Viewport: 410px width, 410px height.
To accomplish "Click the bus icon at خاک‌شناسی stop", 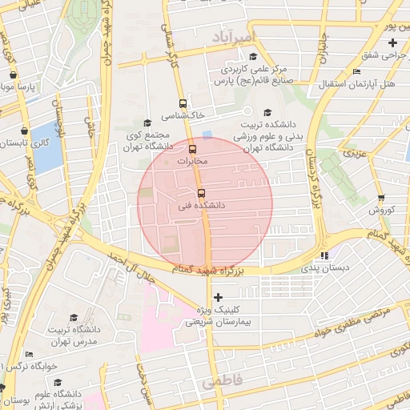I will click(183, 103).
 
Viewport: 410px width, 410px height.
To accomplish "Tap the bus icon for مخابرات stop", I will click(191, 149).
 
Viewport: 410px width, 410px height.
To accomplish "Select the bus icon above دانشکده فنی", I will click(200, 193).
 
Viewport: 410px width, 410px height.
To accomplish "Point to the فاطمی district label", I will click(220, 383).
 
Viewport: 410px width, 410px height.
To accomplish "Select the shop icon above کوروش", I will click(380, 198).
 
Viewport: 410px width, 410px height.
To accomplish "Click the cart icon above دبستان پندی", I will click(324, 255).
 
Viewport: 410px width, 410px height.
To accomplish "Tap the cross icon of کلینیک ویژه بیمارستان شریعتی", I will click(218, 297).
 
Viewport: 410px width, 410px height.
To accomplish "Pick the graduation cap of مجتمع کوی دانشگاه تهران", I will click(145, 123).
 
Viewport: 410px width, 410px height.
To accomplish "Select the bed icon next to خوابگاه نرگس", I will click(30, 354).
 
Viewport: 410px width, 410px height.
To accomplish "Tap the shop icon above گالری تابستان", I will click(25, 130).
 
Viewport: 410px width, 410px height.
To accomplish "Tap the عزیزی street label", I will click(353, 151).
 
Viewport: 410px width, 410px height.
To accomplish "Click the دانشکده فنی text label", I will click(201, 206).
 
